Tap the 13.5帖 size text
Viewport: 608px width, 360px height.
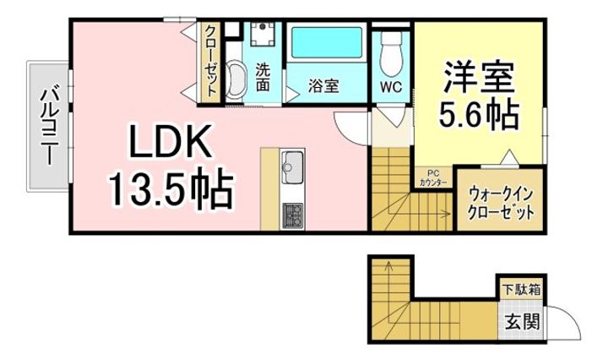(169, 191)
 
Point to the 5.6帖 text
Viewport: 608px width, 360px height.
(478, 114)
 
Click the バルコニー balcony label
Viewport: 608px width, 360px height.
(48, 125)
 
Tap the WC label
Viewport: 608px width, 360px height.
(389, 86)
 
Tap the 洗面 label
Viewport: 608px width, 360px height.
(263, 77)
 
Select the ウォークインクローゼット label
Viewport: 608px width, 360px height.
(501, 203)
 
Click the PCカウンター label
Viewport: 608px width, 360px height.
(434, 181)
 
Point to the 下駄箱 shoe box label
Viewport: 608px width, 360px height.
(523, 290)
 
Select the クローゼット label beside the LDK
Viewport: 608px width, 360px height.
(209, 61)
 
